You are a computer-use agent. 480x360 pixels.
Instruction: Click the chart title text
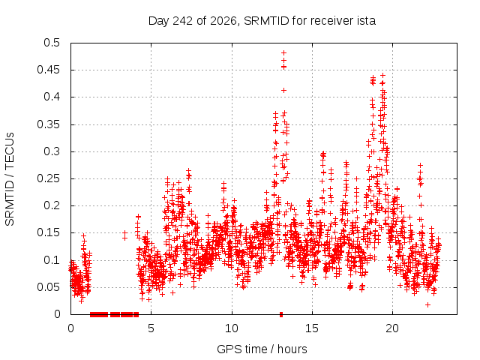coord(262,21)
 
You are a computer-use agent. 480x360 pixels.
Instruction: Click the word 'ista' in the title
coord(366,21)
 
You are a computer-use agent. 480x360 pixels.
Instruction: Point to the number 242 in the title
coord(183,21)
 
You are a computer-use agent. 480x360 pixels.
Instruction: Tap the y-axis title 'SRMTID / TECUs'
coord(10,179)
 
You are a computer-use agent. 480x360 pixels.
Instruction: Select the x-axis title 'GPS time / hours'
coord(262,349)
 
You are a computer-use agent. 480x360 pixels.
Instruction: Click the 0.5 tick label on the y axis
coord(52,43)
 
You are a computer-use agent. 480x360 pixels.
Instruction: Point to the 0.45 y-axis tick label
coord(48,70)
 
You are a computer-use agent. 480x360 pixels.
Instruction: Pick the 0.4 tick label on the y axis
coord(52,97)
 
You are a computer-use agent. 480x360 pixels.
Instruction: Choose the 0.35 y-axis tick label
coord(48,124)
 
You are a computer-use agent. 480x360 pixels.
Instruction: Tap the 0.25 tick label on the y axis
coord(48,178)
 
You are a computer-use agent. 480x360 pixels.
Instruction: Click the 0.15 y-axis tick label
coord(48,232)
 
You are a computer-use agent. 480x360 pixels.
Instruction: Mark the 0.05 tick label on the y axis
coord(48,286)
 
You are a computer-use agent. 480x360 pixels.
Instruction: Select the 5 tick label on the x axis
coord(151,328)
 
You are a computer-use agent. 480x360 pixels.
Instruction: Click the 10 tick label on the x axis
coord(232,328)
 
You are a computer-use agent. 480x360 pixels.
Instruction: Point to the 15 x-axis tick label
coord(312,328)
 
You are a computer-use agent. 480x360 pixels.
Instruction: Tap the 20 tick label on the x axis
coord(392,328)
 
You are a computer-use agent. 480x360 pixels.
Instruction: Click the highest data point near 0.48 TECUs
coord(283,53)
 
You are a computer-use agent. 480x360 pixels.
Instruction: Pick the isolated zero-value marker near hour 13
coord(281,314)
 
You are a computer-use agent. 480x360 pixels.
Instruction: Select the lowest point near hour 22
coord(428,305)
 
